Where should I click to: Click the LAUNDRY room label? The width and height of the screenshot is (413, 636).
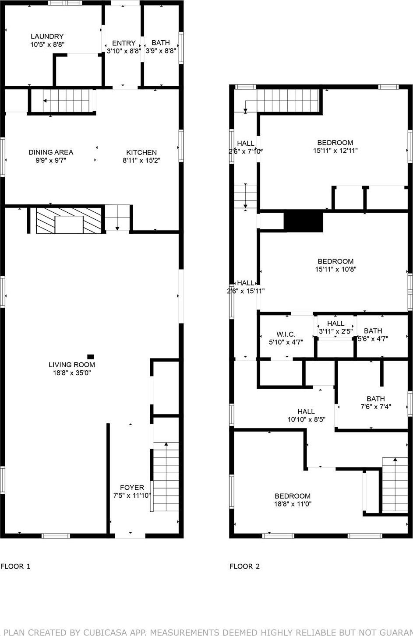[47, 36]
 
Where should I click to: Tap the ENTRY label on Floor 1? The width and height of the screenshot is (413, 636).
[124, 43]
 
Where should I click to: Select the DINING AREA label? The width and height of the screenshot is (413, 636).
[51, 152]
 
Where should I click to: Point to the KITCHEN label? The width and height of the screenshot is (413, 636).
[141, 152]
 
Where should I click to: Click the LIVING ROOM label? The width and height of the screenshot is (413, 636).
[72, 365]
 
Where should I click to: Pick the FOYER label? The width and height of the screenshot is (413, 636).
[132, 487]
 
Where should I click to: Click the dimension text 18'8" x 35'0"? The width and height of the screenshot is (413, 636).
[72, 373]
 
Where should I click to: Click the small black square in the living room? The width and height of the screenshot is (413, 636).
[91, 357]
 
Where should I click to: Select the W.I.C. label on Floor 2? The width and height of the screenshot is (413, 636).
[286, 334]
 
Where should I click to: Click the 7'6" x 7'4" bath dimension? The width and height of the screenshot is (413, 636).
[375, 407]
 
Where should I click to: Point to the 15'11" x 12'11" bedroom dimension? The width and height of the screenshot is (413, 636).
[335, 151]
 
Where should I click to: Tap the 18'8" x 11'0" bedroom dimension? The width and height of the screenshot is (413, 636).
[293, 504]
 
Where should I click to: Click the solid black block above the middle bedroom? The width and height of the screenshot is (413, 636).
[303, 222]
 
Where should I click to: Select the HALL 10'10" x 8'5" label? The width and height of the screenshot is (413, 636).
[306, 411]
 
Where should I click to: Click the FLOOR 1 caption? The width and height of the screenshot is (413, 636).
[15, 566]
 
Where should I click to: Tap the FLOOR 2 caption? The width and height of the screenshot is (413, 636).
[244, 566]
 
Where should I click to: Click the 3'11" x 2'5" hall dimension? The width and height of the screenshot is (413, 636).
[335, 331]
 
